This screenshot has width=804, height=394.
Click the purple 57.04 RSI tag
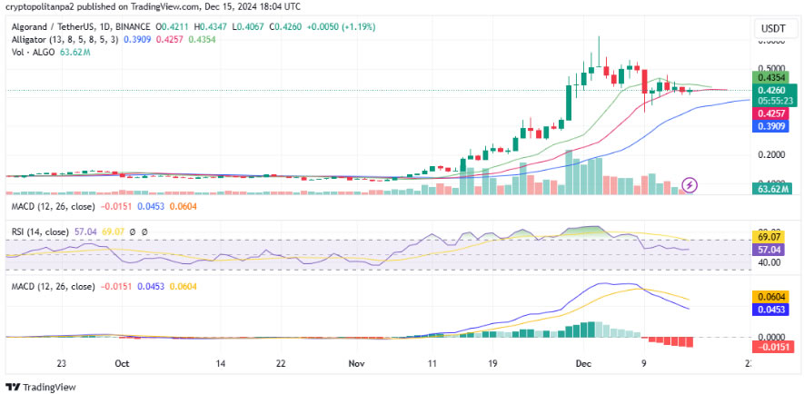[x=770, y=248]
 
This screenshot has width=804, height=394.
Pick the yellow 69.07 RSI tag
[x=770, y=235]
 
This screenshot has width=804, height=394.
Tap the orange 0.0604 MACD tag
[x=770, y=296]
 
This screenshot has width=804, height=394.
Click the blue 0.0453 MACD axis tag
[x=770, y=309]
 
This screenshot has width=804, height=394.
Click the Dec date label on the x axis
[x=583, y=362]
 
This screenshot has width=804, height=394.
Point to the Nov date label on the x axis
[x=356, y=362]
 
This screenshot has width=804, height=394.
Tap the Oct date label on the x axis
[x=121, y=362]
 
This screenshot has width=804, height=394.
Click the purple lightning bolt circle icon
[x=690, y=184]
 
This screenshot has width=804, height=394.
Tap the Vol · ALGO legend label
[x=33, y=53]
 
